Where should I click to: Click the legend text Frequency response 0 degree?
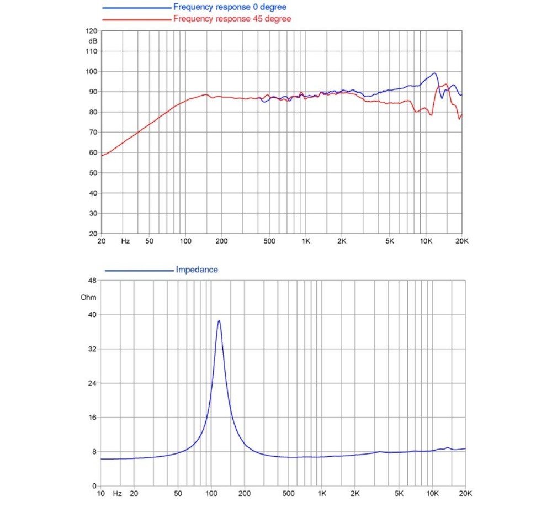click(230, 8)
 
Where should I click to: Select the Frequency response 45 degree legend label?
click(232, 19)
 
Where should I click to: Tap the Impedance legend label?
click(197, 270)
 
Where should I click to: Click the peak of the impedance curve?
click(219, 320)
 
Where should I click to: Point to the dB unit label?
click(92, 41)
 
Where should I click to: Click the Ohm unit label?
click(88, 298)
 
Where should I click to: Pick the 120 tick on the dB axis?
click(92, 31)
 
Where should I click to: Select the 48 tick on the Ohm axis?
click(92, 281)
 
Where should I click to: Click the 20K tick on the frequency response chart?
click(461, 241)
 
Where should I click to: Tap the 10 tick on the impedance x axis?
click(100, 493)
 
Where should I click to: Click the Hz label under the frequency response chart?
click(125, 241)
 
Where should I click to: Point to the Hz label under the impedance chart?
click(118, 493)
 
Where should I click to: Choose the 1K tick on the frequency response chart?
click(305, 241)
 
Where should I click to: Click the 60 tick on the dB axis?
click(93, 152)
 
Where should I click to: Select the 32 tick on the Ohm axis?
click(92, 349)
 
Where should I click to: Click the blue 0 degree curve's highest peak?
click(434, 73)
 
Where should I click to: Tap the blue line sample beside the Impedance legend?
click(138, 270)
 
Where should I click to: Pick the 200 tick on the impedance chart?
click(245, 493)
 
